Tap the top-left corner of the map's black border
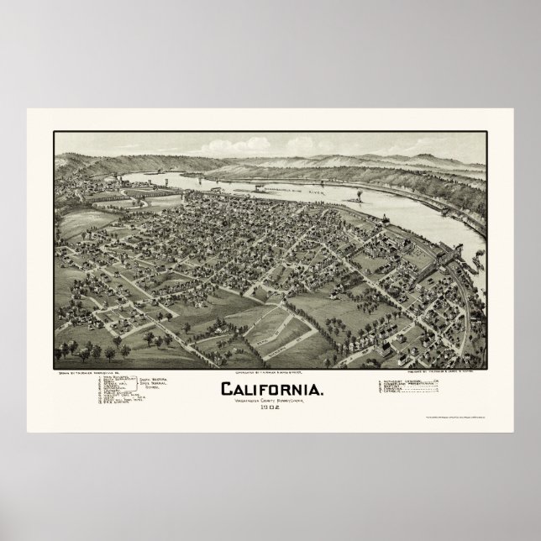[x=53, y=131]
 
